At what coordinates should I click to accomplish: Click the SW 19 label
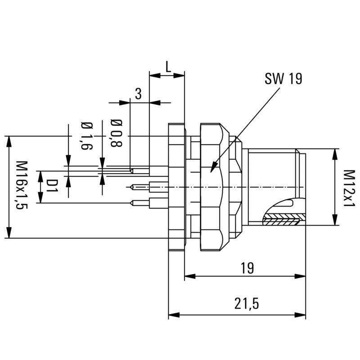283,79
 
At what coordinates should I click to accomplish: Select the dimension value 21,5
246,304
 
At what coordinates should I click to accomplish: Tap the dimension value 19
247,268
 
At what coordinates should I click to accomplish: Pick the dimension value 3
139,94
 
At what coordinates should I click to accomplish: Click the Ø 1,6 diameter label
86,136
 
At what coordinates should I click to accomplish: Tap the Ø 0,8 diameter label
116,133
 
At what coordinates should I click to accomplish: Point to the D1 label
53,186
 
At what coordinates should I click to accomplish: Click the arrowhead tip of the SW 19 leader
211,170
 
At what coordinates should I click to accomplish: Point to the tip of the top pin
130,171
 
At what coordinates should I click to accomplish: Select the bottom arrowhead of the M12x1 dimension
335,224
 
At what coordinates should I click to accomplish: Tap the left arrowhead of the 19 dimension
186,276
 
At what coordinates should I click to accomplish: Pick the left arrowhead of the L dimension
150,76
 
